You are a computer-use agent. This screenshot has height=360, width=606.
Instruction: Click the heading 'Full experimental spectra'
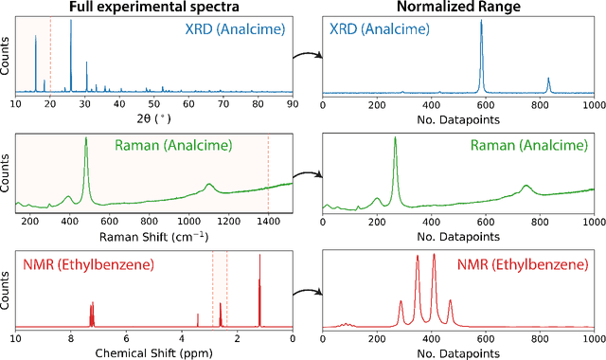(152, 9)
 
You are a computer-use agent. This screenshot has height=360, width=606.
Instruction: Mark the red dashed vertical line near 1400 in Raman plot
(268, 175)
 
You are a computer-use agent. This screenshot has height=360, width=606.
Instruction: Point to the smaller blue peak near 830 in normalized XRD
(548, 83)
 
